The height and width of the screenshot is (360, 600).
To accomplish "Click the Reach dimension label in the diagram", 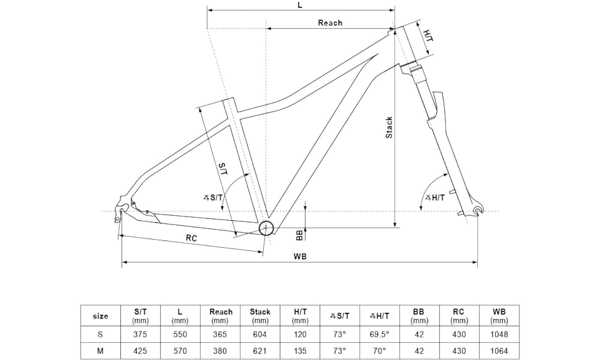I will pos(330,23).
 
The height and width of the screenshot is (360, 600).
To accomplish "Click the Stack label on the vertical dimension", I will pos(389,127).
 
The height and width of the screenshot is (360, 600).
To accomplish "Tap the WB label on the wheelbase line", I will pos(300,256).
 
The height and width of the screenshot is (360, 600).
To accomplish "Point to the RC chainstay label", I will pos(191,238).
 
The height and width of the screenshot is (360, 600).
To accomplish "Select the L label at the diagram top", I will pos(300,5).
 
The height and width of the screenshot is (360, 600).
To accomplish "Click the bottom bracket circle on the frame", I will pos(266,228).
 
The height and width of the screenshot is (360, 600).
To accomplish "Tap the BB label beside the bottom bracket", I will pos(299,235).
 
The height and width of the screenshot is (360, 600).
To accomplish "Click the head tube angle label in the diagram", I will pos(435,198).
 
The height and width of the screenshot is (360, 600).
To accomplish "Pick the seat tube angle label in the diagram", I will pos(213,197).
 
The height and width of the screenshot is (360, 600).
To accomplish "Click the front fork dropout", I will pos(478,211).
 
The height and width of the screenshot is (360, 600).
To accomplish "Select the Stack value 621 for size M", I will pos(260,351).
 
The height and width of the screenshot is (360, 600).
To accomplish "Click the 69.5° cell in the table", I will pos(379,334).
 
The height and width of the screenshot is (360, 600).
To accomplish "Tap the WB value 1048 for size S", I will pos(499,334).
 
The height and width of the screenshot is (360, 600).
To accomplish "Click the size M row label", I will pos(100,351).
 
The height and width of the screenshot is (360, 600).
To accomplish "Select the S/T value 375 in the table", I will pos(140,334).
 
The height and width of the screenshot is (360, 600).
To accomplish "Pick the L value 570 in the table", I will pos(180,351).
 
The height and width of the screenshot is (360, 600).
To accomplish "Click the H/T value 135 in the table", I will pos(300,351).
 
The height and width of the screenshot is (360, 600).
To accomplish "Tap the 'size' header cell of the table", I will pos(100,316).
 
